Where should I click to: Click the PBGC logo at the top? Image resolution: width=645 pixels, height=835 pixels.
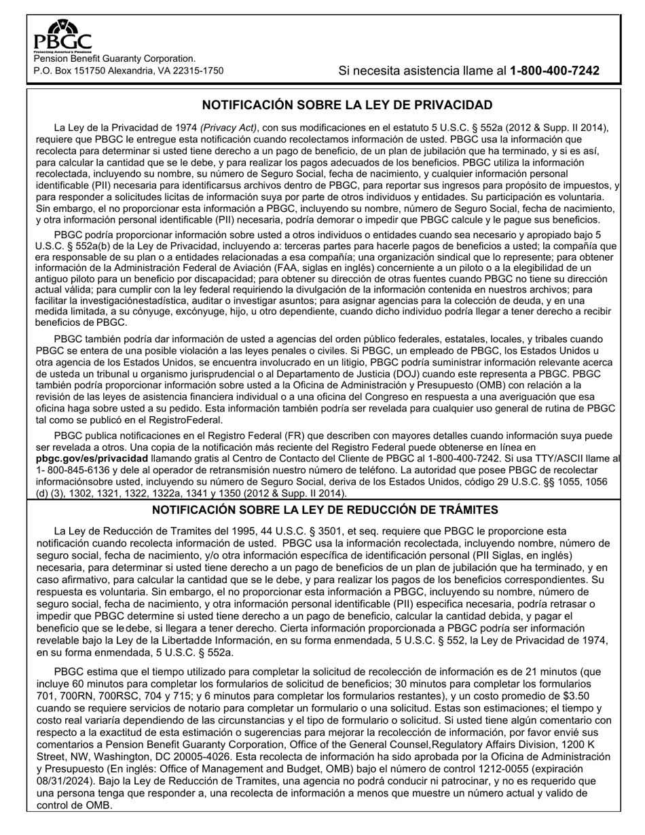[62, 37]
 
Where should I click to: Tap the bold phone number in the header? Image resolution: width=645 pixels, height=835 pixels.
[554, 71]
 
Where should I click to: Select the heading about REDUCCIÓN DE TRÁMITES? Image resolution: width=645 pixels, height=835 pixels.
[325, 510]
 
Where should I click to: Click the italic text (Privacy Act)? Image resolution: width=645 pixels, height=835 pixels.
[229, 128]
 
